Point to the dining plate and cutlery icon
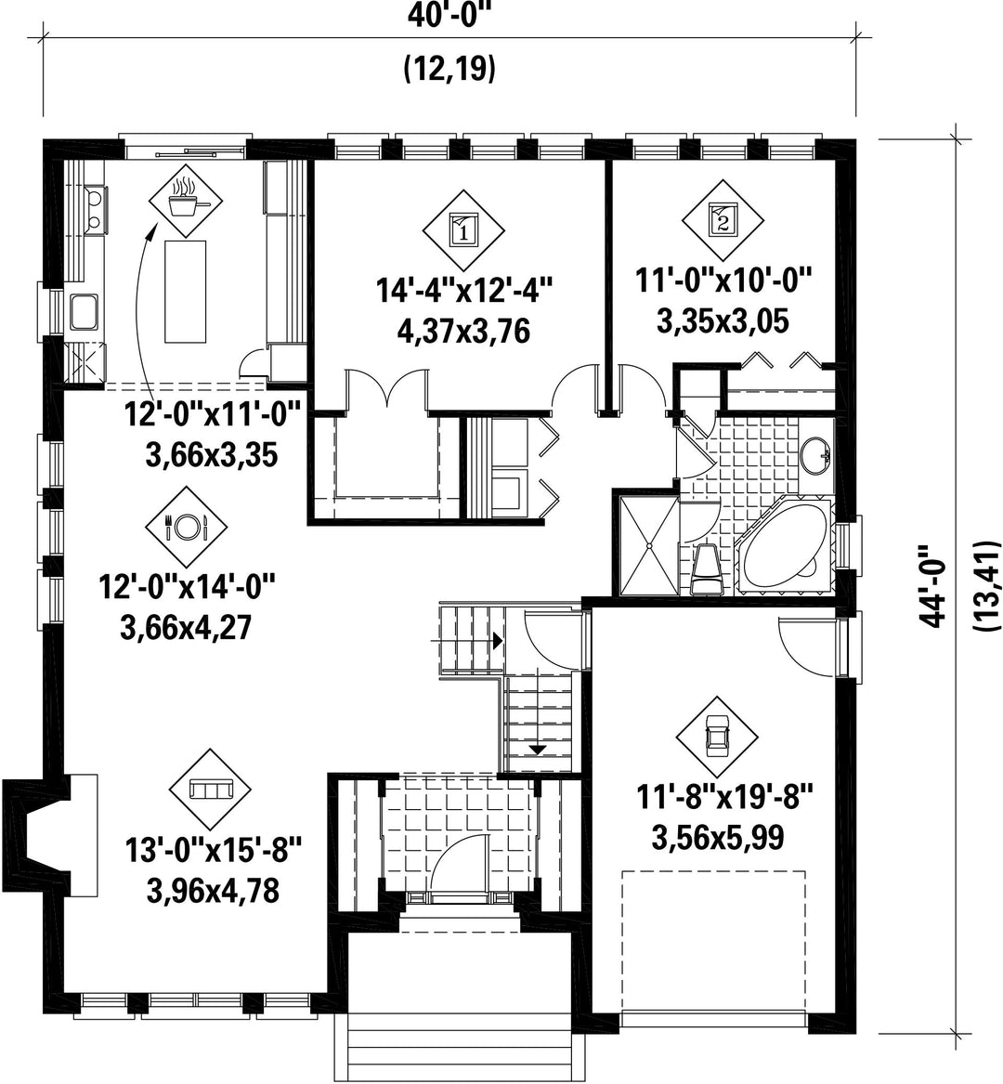coord(186,528)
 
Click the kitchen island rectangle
coord(185,291)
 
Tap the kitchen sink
coord(85,311)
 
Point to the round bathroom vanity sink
coord(816,455)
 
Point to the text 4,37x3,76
coord(463,332)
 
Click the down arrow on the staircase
coord(537,750)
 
